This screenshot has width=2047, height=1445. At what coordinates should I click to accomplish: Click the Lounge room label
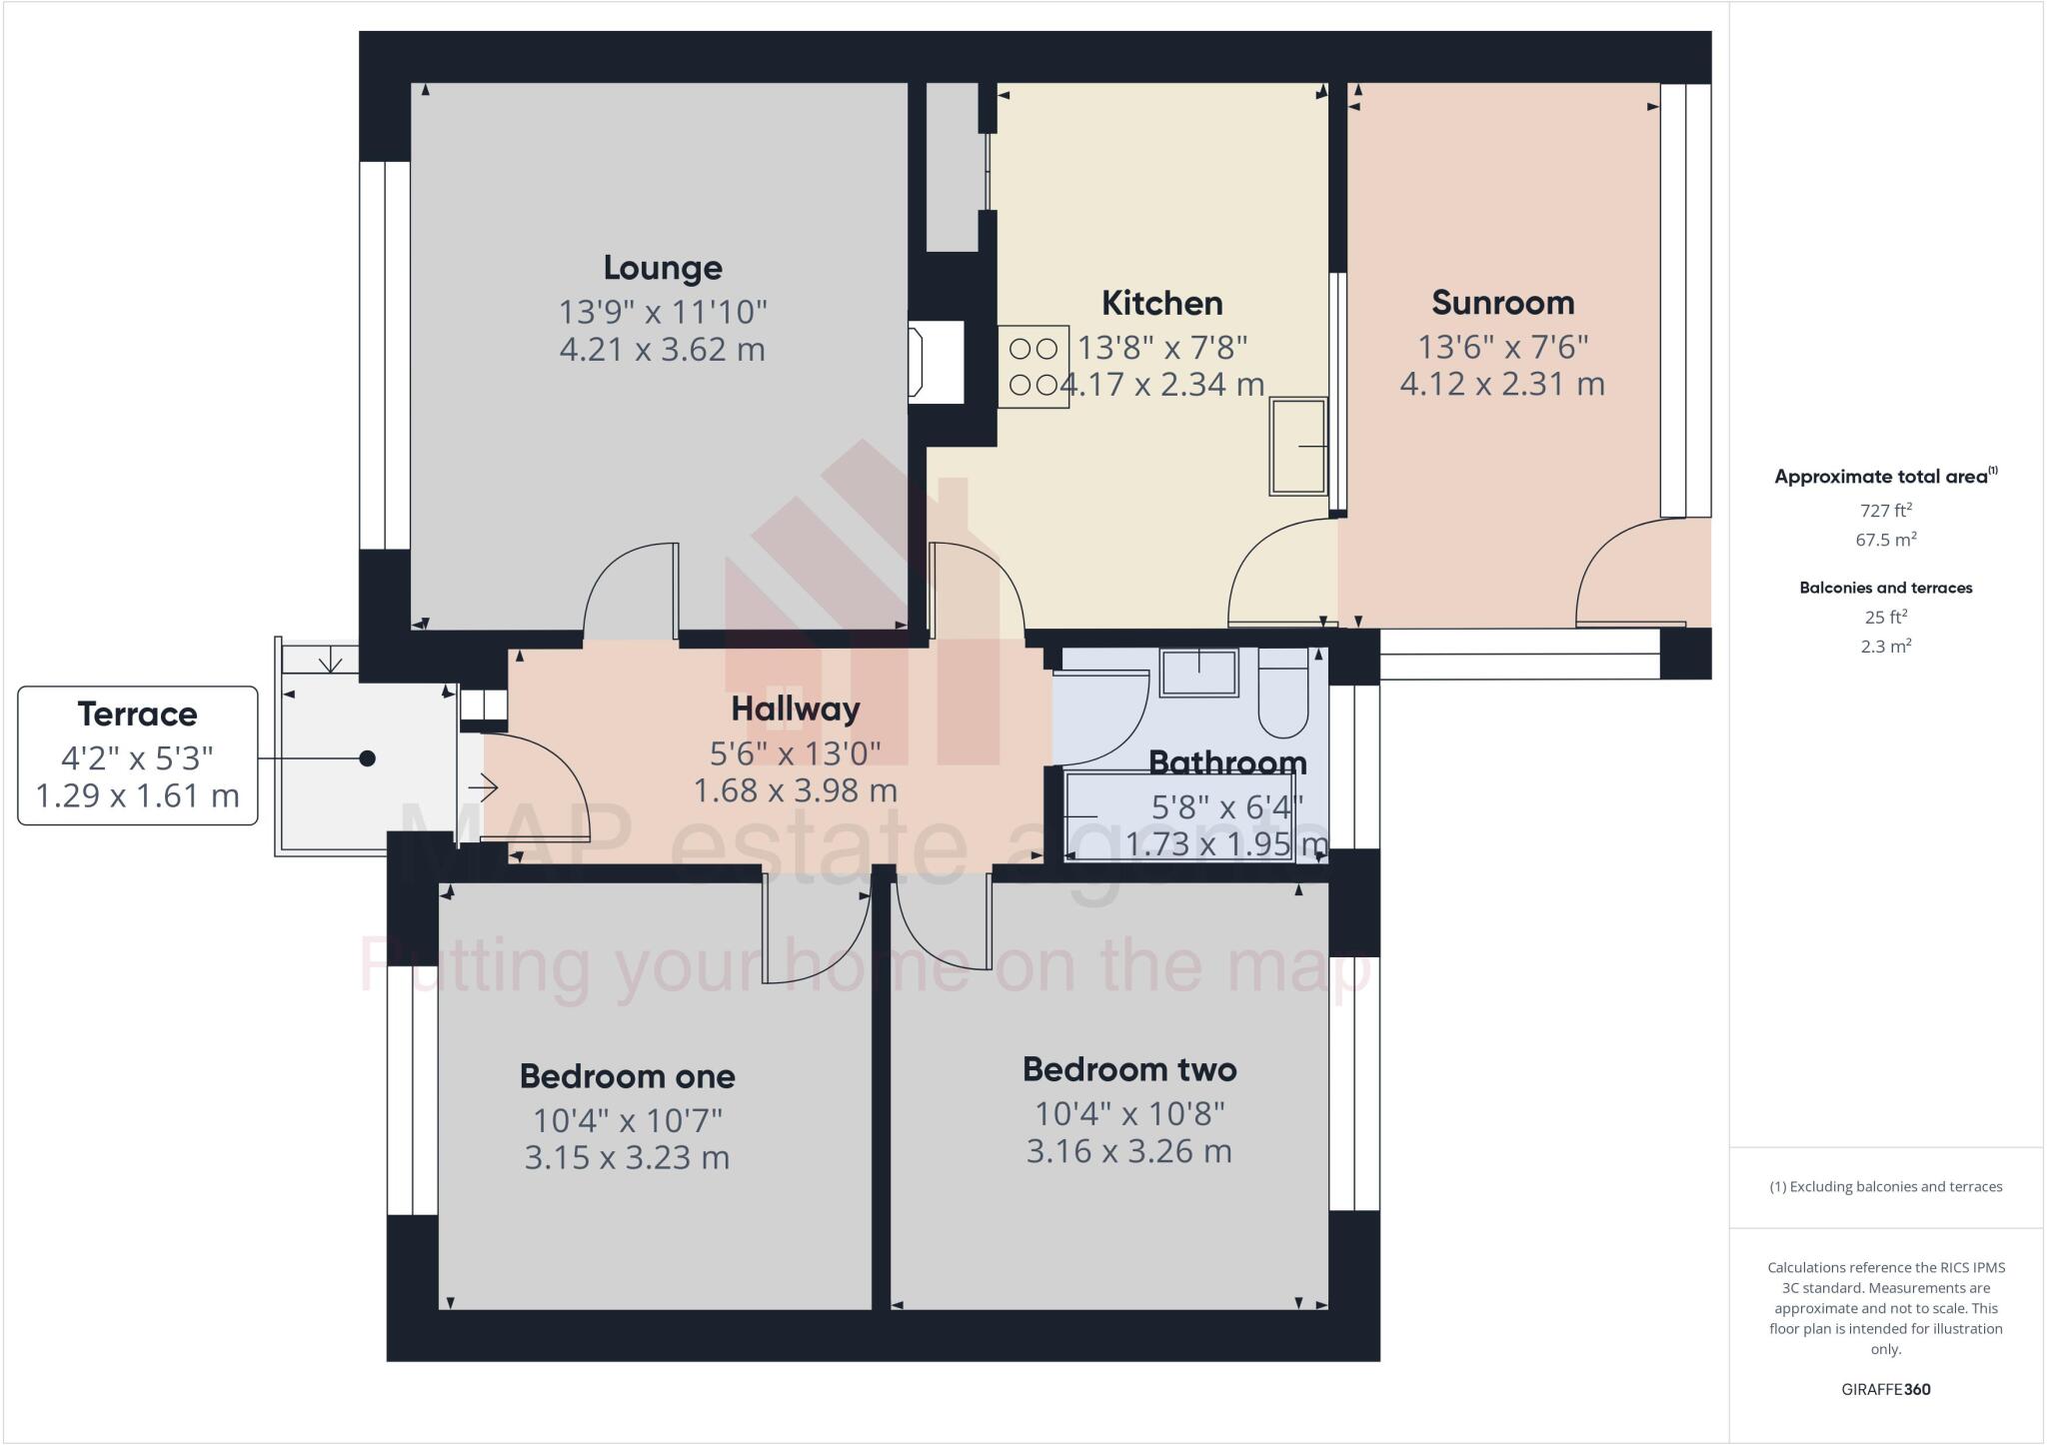(x=663, y=268)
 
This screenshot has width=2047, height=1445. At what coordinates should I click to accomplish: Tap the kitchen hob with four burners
(x=1033, y=367)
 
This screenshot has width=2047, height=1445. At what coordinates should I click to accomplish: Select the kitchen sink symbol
(x=1298, y=446)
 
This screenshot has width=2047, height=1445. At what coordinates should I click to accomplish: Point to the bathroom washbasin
(x=1198, y=672)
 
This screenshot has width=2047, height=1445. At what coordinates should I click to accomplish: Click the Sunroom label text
(x=1502, y=302)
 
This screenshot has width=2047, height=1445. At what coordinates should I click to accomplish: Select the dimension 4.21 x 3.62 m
(x=663, y=350)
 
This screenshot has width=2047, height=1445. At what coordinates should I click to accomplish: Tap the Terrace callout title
(x=137, y=715)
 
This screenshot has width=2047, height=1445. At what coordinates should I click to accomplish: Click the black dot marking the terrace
(x=367, y=758)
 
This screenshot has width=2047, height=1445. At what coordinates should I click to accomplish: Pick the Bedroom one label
(x=627, y=1076)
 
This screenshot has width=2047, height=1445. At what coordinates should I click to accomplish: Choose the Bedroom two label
(x=1129, y=1069)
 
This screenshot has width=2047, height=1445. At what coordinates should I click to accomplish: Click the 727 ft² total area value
(x=1885, y=510)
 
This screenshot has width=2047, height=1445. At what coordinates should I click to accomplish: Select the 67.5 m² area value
(x=1885, y=540)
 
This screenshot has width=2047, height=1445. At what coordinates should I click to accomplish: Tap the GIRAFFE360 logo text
(x=1885, y=1389)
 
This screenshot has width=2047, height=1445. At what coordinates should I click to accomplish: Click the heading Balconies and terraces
(x=1885, y=588)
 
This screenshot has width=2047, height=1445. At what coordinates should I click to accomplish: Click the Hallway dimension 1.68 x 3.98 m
(x=796, y=790)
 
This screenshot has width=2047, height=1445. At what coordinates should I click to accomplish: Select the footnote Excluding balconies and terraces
(x=1885, y=1187)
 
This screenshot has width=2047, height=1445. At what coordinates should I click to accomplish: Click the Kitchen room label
(x=1161, y=303)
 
